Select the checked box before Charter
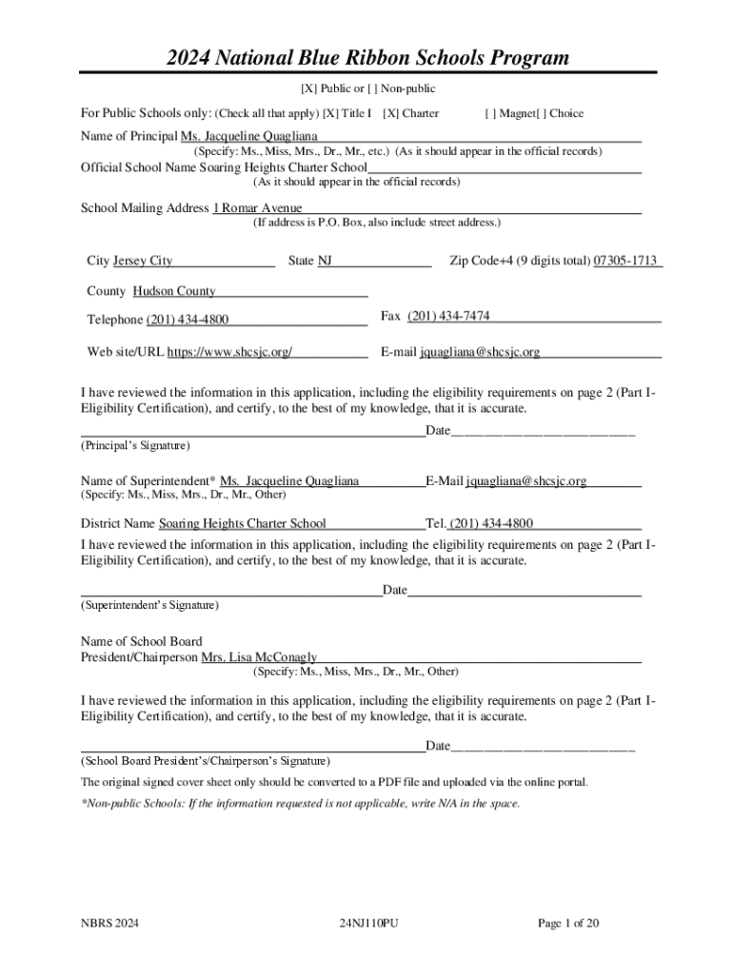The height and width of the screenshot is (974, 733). click(x=389, y=114)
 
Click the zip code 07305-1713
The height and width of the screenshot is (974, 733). click(x=625, y=261)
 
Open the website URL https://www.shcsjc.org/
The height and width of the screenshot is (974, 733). click(x=229, y=353)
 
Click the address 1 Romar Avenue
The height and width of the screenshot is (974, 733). click(x=257, y=208)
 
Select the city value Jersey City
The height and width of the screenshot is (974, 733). click(x=143, y=261)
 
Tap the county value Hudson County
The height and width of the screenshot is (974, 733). click(x=174, y=291)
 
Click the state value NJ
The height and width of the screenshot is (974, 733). click(x=325, y=261)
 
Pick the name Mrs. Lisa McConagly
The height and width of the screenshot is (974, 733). click(x=259, y=657)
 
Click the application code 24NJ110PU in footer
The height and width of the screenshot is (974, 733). click(x=367, y=924)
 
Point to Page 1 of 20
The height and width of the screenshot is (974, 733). click(x=568, y=924)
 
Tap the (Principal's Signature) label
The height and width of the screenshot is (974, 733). click(x=134, y=445)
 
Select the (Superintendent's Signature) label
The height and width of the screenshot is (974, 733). click(x=149, y=605)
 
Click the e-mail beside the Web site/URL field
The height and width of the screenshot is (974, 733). click(x=480, y=353)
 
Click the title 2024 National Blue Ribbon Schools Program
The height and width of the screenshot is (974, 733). click(x=367, y=58)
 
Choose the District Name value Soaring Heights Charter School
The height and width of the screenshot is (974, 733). click(x=243, y=523)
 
